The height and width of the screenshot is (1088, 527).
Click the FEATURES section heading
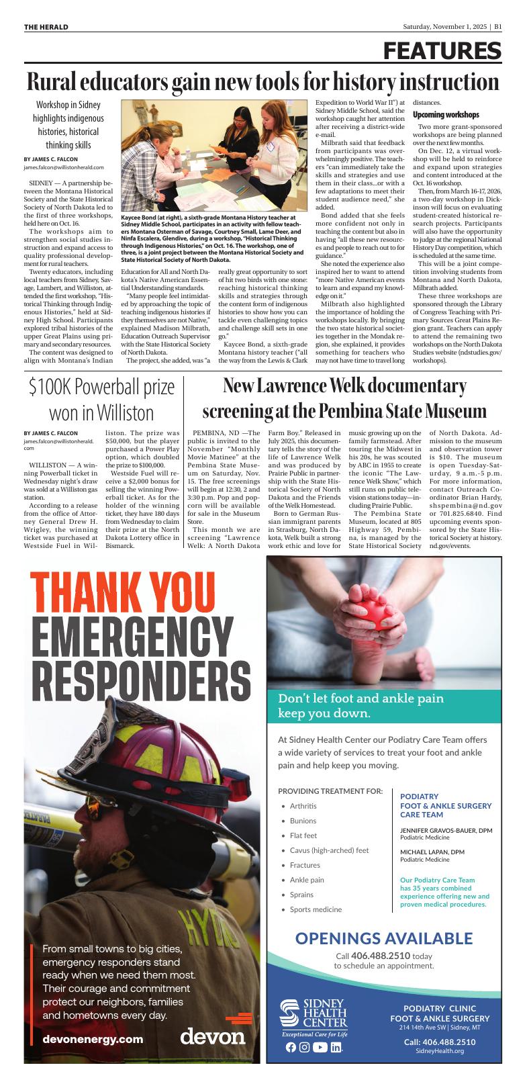pyautogui.click(x=442, y=52)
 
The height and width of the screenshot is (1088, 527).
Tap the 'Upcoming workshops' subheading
pyautogui.click(x=445, y=115)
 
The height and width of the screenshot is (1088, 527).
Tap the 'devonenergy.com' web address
pyautogui.click(x=93, y=1039)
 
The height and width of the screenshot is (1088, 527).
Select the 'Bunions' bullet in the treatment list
pyautogui.click(x=303, y=821)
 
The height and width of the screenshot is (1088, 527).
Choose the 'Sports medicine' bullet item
pyautogui.click(x=316, y=909)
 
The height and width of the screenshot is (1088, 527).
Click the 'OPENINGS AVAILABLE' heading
pyautogui.click(x=383, y=938)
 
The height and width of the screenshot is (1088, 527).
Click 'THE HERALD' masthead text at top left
pyautogui.click(x=46, y=27)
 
